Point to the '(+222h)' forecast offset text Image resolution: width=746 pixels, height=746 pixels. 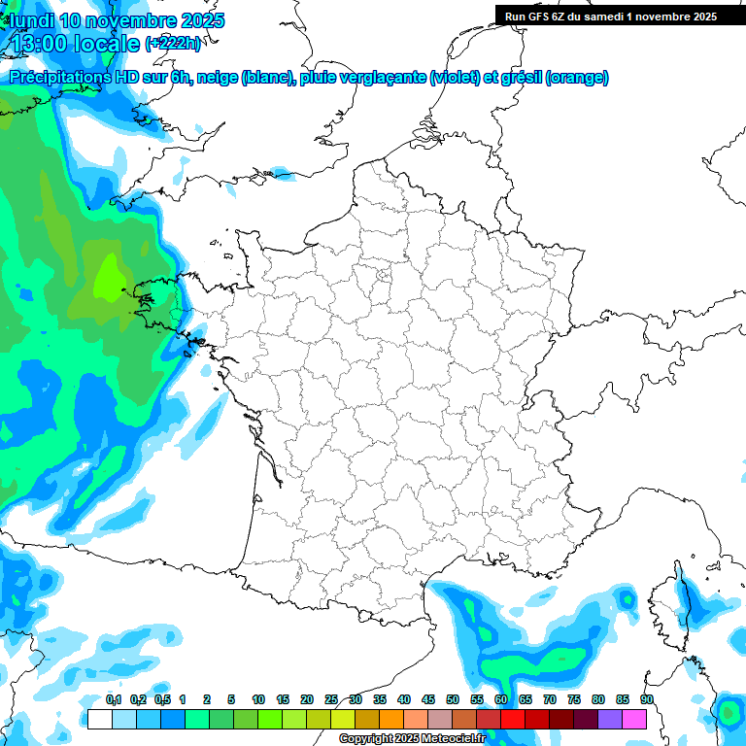(x=173, y=44)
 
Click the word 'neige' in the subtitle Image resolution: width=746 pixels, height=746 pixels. (x=217, y=78)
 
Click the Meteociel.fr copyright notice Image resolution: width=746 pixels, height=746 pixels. (x=413, y=739)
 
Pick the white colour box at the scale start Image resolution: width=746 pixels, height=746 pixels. (x=98, y=719)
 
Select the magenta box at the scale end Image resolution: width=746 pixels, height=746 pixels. (x=634, y=719)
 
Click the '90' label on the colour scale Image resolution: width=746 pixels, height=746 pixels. (x=646, y=700)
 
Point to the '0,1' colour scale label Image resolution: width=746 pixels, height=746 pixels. (x=114, y=700)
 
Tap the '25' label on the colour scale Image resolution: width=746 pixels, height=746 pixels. (x=331, y=700)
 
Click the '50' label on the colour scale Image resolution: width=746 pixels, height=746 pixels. (x=453, y=700)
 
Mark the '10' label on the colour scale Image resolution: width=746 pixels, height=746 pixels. (x=258, y=700)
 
